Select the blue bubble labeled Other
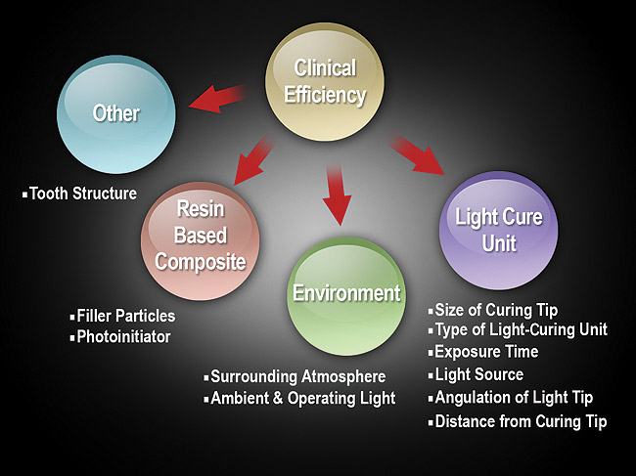coord(115,115)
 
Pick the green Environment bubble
coord(346,292)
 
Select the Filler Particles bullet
coord(125,316)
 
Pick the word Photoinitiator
coord(123,336)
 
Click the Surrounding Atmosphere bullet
coord(297,376)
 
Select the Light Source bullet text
coord(478,374)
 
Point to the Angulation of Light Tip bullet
coord(513,397)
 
